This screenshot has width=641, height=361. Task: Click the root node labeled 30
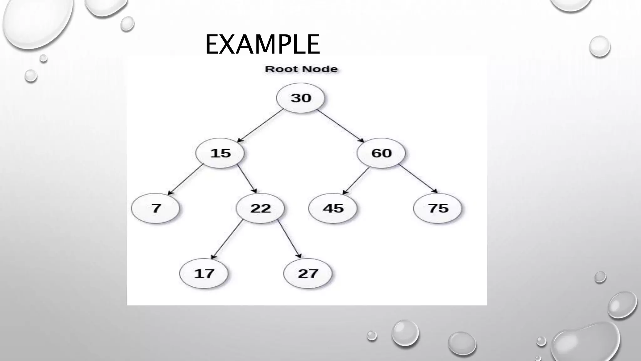pyautogui.click(x=300, y=98)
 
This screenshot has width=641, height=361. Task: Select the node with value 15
pyautogui.click(x=220, y=153)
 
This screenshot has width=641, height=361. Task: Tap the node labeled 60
pyautogui.click(x=381, y=153)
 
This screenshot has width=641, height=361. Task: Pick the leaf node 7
pyautogui.click(x=156, y=208)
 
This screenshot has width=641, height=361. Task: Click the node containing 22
pyautogui.click(x=260, y=208)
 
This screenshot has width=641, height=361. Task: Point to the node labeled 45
pyautogui.click(x=333, y=208)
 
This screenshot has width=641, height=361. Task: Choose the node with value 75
pyautogui.click(x=438, y=208)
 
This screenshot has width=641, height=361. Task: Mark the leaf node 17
pyautogui.click(x=204, y=274)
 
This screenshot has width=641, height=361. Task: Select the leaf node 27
pyautogui.click(x=308, y=274)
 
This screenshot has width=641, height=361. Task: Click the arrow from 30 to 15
pyautogui.click(x=260, y=126)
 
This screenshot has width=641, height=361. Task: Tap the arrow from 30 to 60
pyautogui.click(x=341, y=126)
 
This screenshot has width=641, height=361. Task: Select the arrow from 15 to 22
pyautogui.click(x=247, y=178)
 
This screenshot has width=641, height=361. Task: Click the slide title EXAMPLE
pyautogui.click(x=262, y=44)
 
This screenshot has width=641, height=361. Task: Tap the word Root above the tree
pyautogui.click(x=279, y=69)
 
